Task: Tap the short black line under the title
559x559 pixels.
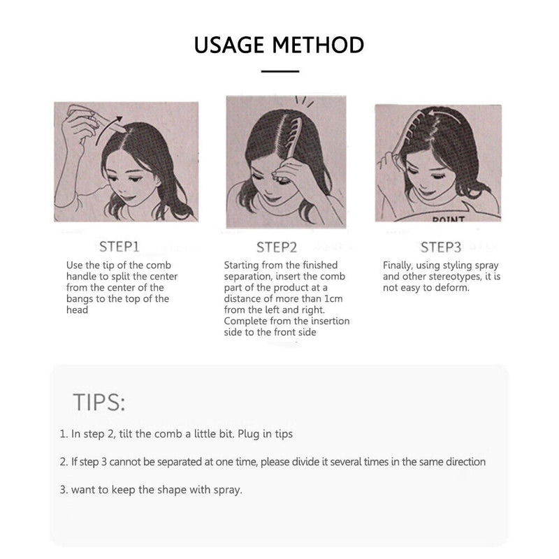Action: pyautogui.click(x=279, y=71)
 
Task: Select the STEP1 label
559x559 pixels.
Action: pyautogui.click(x=119, y=247)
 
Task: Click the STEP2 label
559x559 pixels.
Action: pyautogui.click(x=277, y=247)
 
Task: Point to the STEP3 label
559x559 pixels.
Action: pyautogui.click(x=441, y=247)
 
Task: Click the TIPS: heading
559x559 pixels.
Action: pyautogui.click(x=99, y=402)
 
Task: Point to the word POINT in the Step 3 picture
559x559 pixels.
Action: pyautogui.click(x=449, y=219)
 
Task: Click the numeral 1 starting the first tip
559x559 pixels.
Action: pyautogui.click(x=63, y=434)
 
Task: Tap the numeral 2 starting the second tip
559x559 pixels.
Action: pyautogui.click(x=63, y=462)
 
